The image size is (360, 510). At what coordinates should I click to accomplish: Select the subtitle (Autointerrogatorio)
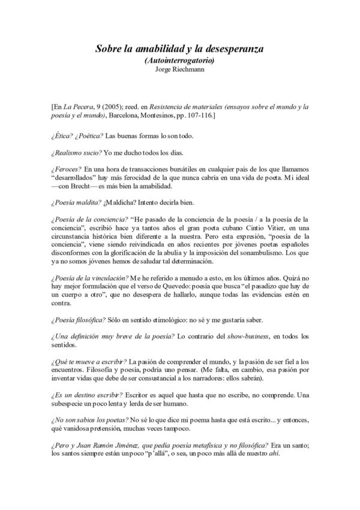coord(180,61)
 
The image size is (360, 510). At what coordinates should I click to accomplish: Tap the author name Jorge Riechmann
coord(180,70)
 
